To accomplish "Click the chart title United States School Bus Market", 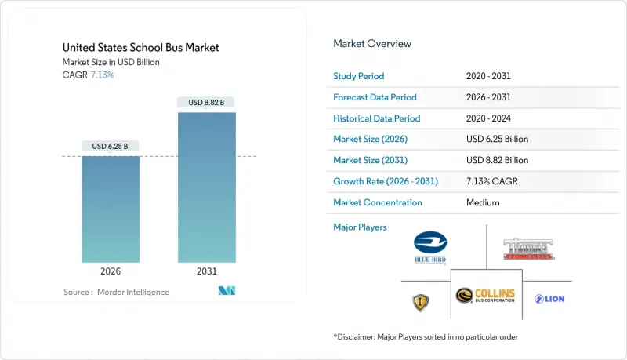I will tap(140, 48).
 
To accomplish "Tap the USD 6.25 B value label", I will tap(111, 146).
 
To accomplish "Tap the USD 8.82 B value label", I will tap(207, 102).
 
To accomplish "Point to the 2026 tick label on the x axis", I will tap(111, 271).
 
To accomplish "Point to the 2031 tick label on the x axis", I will tap(207, 271).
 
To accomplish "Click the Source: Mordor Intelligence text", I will tap(116, 292).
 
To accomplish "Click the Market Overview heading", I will tap(372, 44).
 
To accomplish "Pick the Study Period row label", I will tap(360, 76).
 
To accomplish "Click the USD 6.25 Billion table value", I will tap(497, 140).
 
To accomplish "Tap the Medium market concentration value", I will tap(481, 202).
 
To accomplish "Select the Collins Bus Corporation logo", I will tap(486, 296).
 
